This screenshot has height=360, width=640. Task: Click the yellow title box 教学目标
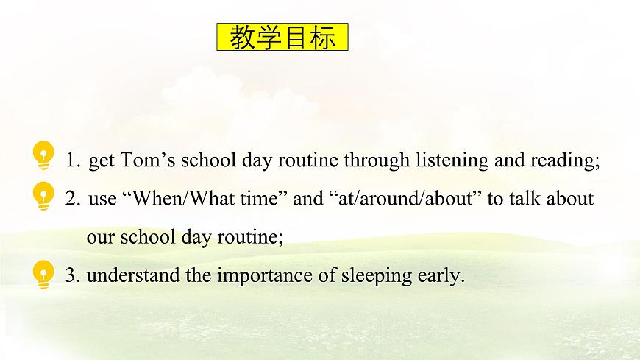[282, 37]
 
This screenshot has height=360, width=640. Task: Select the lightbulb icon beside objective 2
[44, 196]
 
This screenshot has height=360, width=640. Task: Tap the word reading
[567, 161]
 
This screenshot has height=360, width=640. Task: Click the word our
[99, 238]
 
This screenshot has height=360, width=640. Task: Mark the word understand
[128, 276]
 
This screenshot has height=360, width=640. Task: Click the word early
[439, 276]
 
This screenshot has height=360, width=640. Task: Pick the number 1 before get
[71, 161]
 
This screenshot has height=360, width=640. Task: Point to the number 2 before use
[71, 200]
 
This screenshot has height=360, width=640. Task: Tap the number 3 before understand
[71, 276]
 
